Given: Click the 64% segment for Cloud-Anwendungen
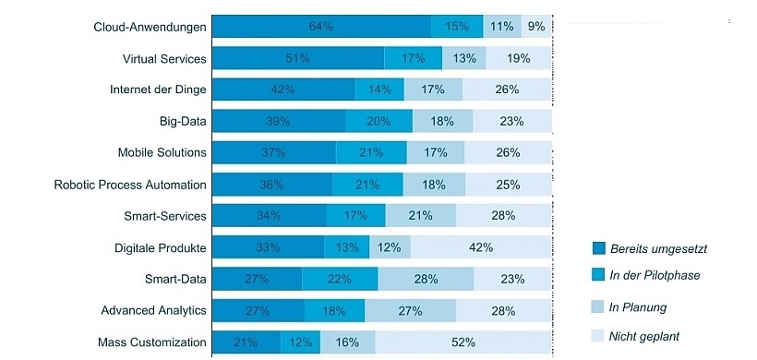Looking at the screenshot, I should coord(321,27).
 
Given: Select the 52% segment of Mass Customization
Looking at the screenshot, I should coord(463,342).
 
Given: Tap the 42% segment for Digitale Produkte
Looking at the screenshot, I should coord(481,247).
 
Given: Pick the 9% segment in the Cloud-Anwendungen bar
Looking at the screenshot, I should coord(536,27).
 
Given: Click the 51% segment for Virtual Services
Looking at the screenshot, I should coord(298,58).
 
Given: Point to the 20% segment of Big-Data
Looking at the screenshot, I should coord(378,121).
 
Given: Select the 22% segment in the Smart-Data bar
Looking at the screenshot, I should coord(340,280).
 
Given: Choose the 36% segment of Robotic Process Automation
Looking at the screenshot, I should coord(272,185).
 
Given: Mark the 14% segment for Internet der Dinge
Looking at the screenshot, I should coord(379,90).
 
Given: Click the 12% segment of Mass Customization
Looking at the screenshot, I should coord(301,342).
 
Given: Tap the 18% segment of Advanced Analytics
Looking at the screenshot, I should coord(334,311).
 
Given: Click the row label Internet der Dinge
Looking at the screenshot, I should coord(158,90).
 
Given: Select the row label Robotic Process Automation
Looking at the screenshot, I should coord(130,185).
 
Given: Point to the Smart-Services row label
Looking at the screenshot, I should coord(164,216).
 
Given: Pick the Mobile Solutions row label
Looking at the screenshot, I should coord(162,152).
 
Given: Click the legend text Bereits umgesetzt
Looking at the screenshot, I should coord(658,248).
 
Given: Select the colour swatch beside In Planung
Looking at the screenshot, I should coord(599,306).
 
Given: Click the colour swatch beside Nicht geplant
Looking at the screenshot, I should coord(599,336).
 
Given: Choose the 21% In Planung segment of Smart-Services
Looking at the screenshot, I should coord(421,216).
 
